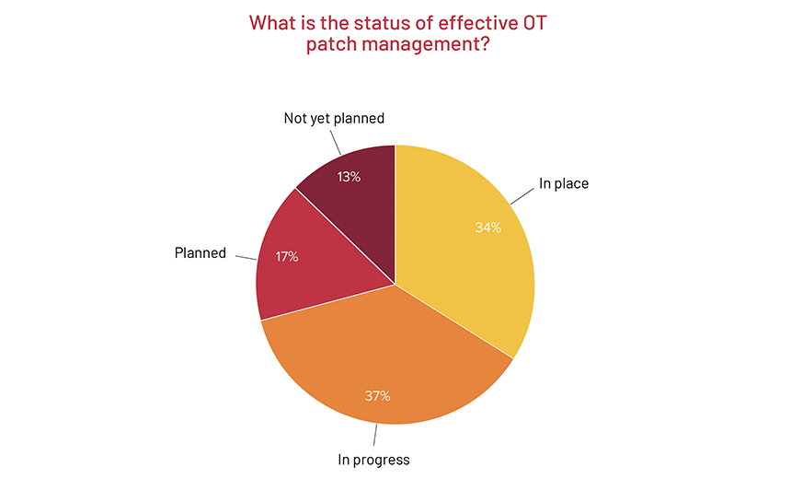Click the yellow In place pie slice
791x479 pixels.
pyautogui.click(x=460, y=249)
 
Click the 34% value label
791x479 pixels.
pyautogui.click(x=487, y=228)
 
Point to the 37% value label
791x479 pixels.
pyautogui.click(x=377, y=396)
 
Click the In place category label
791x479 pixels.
pyautogui.click(x=563, y=183)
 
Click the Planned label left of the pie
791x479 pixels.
pyautogui.click(x=201, y=252)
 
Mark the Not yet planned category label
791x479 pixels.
pyautogui.click(x=333, y=118)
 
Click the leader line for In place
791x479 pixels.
pyautogui.click(x=522, y=195)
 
